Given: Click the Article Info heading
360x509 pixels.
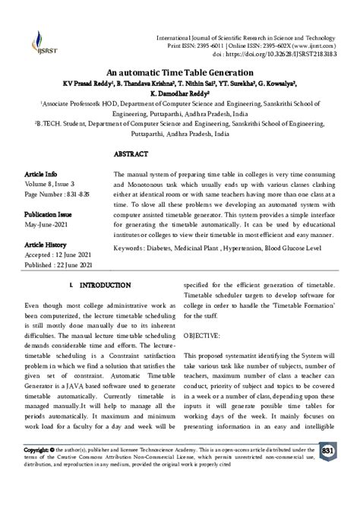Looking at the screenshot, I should tap(43, 173).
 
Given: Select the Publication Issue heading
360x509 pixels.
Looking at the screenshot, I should tap(51, 214).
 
